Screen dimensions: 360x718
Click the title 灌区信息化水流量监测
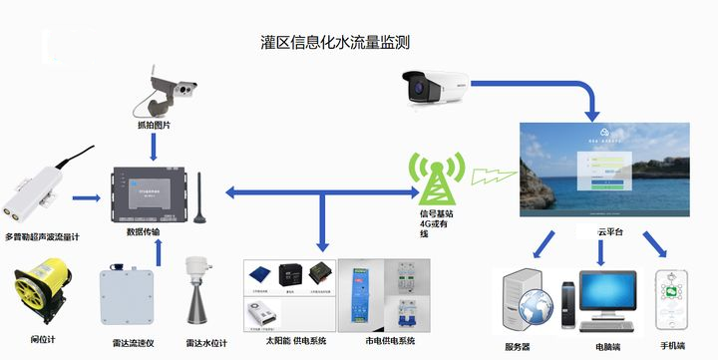334,43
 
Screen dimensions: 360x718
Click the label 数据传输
143,231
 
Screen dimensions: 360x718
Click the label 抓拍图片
154,126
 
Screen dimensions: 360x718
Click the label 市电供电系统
384,341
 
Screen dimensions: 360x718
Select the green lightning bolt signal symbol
491,178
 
